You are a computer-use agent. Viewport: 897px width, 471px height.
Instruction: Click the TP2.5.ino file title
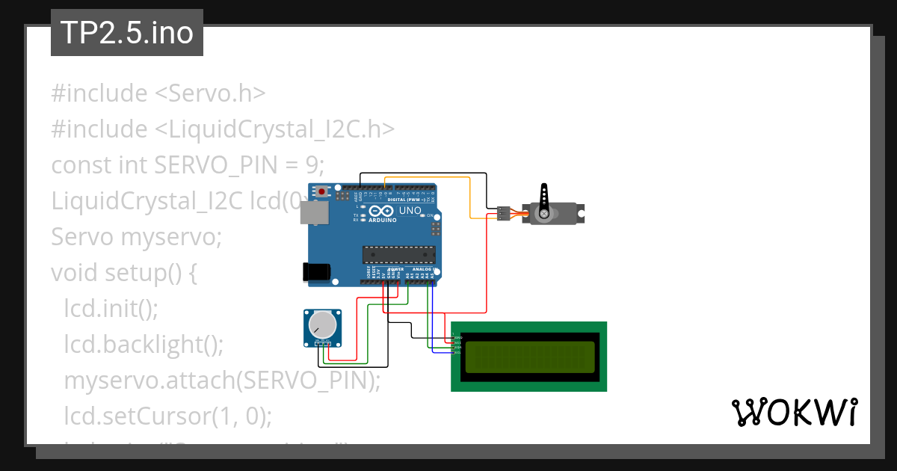click(x=126, y=33)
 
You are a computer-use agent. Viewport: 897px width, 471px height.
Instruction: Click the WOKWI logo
click(x=794, y=412)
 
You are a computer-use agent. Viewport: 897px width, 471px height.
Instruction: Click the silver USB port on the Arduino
click(x=312, y=213)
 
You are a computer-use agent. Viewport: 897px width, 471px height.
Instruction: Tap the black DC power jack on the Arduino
click(x=315, y=272)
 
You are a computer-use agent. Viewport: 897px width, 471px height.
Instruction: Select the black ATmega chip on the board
click(x=398, y=254)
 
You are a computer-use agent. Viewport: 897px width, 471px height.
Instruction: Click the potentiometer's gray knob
click(x=322, y=324)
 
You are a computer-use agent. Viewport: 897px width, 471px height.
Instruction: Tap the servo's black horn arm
click(x=544, y=201)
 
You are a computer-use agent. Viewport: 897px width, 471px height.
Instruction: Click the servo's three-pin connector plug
click(x=503, y=214)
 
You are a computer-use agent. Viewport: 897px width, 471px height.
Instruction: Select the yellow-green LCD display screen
click(x=529, y=357)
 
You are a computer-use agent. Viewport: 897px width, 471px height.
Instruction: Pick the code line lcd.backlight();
click(x=144, y=345)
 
